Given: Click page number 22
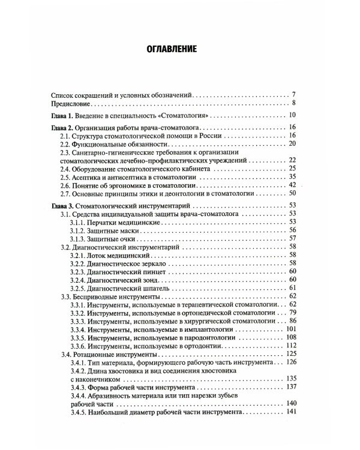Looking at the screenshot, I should (x=292, y=161).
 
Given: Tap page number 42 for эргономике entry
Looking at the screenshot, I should (x=292, y=186).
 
